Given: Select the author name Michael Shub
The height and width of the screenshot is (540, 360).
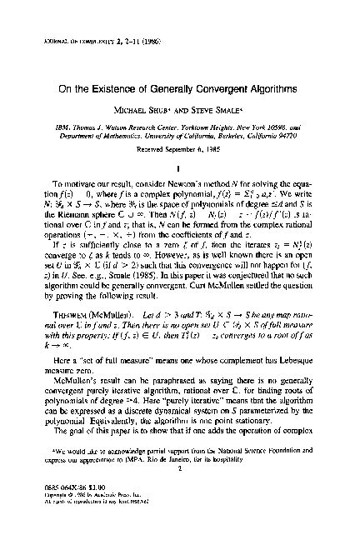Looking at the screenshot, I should (x=145, y=110).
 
